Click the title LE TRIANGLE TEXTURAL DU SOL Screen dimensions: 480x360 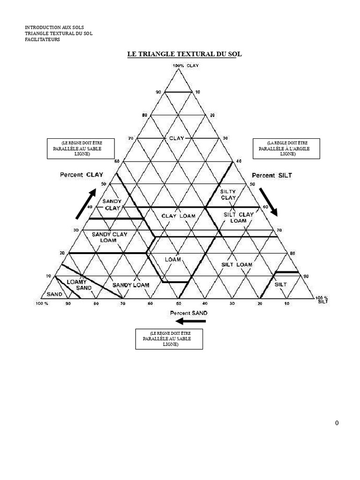click(x=184, y=54)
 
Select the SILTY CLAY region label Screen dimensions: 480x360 click(x=228, y=195)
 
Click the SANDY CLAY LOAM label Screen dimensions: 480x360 click(x=109, y=237)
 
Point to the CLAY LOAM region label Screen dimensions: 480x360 click(x=179, y=216)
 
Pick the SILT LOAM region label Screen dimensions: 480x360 click(x=237, y=265)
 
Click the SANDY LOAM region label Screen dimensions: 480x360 click(x=131, y=285)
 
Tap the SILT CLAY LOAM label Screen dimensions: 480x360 click(x=239, y=217)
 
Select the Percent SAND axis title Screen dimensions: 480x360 click(x=188, y=312)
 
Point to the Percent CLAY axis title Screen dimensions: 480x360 click(x=82, y=175)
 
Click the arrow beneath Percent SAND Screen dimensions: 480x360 click(x=187, y=321)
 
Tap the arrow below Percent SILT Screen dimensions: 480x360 click(x=268, y=202)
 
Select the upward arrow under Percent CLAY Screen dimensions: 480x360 click(x=86, y=204)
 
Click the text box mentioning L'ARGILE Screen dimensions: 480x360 click(x=286, y=149)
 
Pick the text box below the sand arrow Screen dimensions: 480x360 click(x=169, y=339)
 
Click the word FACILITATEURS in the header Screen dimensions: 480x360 click(x=42, y=39)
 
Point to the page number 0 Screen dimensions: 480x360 click(x=337, y=423)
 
